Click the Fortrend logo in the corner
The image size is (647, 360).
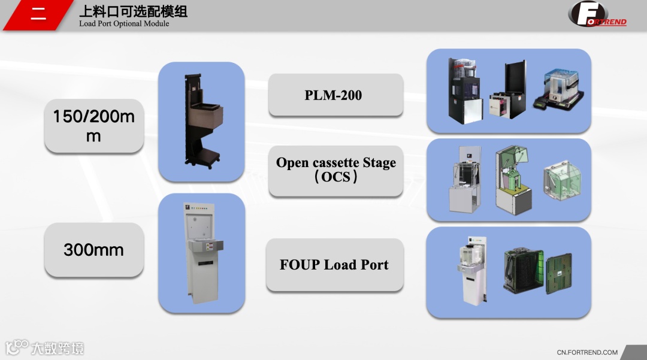click(597, 14)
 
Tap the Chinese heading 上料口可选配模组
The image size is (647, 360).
click(133, 11)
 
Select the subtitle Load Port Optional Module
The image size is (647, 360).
click(124, 24)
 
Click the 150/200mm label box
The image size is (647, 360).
click(94, 126)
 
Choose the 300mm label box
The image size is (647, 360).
click(94, 250)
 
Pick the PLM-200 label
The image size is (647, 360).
click(335, 95)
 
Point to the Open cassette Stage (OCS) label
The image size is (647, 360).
click(335, 170)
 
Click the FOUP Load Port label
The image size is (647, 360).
click(334, 265)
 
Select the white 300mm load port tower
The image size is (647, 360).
click(201, 252)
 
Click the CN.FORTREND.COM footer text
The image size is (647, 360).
click(587, 352)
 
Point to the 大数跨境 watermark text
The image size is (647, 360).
click(58, 348)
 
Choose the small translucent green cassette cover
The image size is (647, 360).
click(561, 180)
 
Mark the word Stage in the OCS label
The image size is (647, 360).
click(379, 163)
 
